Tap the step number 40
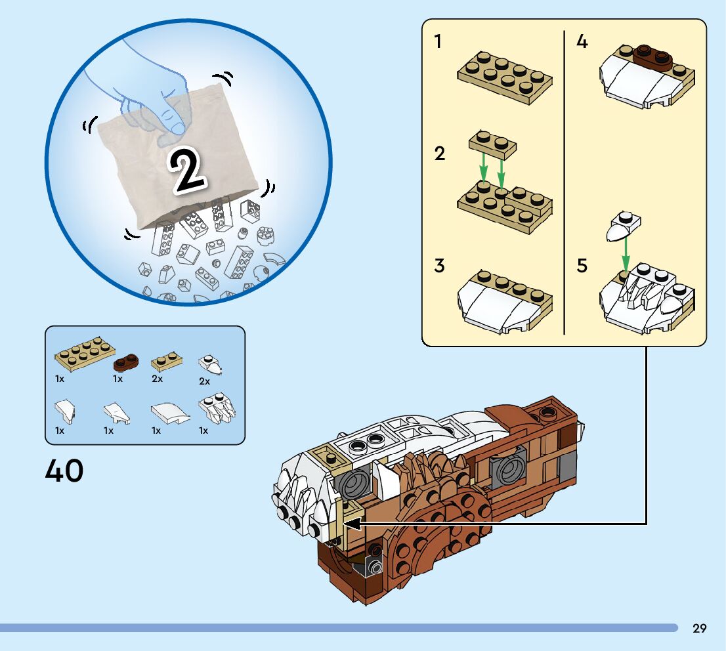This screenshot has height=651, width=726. (64, 471)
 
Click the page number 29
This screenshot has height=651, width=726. (700, 628)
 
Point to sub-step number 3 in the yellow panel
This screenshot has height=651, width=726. (439, 266)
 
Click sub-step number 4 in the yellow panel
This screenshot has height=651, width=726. (582, 42)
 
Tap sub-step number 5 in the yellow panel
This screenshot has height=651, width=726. (582, 266)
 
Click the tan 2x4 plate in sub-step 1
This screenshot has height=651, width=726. (504, 78)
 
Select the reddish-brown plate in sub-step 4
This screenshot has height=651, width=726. (652, 58)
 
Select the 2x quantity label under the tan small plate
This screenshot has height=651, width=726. (157, 379)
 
